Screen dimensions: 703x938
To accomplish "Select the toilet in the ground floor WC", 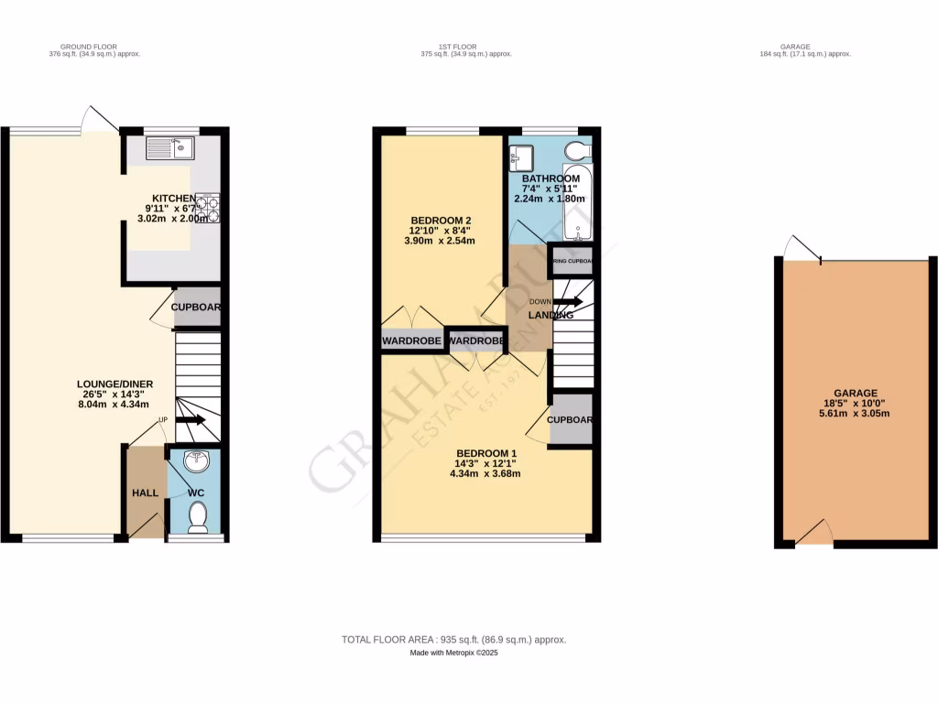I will tap(196, 519).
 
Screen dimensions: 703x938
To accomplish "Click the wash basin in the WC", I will tap(195, 462).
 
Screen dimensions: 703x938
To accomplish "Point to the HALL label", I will tap(144, 492).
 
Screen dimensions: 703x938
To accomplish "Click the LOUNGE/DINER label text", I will tap(115, 384).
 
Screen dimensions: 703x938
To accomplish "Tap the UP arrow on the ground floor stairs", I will tap(190, 420).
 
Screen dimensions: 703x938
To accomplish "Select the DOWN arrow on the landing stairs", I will tap(567, 301).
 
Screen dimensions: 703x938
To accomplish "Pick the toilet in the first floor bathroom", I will tap(577, 150).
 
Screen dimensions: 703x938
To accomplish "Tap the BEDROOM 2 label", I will tap(442, 221).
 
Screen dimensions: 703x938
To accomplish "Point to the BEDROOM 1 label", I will tap(486, 453).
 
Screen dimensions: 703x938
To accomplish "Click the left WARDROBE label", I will tap(412, 341).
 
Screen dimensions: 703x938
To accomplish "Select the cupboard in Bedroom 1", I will tap(570, 420).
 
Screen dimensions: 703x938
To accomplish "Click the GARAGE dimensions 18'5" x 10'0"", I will tap(855, 403).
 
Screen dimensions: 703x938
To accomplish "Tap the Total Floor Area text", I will tap(460, 640).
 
